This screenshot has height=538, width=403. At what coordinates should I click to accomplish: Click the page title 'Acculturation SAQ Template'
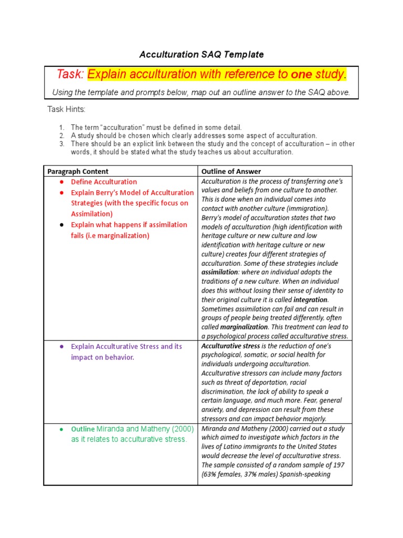(201, 55)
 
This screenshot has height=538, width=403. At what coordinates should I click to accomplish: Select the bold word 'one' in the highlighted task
(301, 75)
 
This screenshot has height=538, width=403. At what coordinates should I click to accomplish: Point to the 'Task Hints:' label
(67, 109)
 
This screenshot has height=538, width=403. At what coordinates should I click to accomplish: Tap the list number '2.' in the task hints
(61, 136)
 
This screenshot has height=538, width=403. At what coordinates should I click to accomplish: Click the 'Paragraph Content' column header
(78, 171)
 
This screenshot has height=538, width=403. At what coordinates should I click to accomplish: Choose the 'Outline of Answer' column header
(231, 171)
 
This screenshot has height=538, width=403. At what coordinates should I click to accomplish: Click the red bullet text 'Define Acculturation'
(104, 182)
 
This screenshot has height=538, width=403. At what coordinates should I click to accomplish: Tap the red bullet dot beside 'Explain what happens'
(61, 225)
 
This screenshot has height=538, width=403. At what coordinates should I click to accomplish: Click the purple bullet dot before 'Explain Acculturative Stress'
(61, 347)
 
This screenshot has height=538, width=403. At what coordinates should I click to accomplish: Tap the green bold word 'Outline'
(82, 429)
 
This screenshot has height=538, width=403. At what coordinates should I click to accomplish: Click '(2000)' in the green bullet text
(168, 429)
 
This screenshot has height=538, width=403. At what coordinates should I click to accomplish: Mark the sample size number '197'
(339, 465)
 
